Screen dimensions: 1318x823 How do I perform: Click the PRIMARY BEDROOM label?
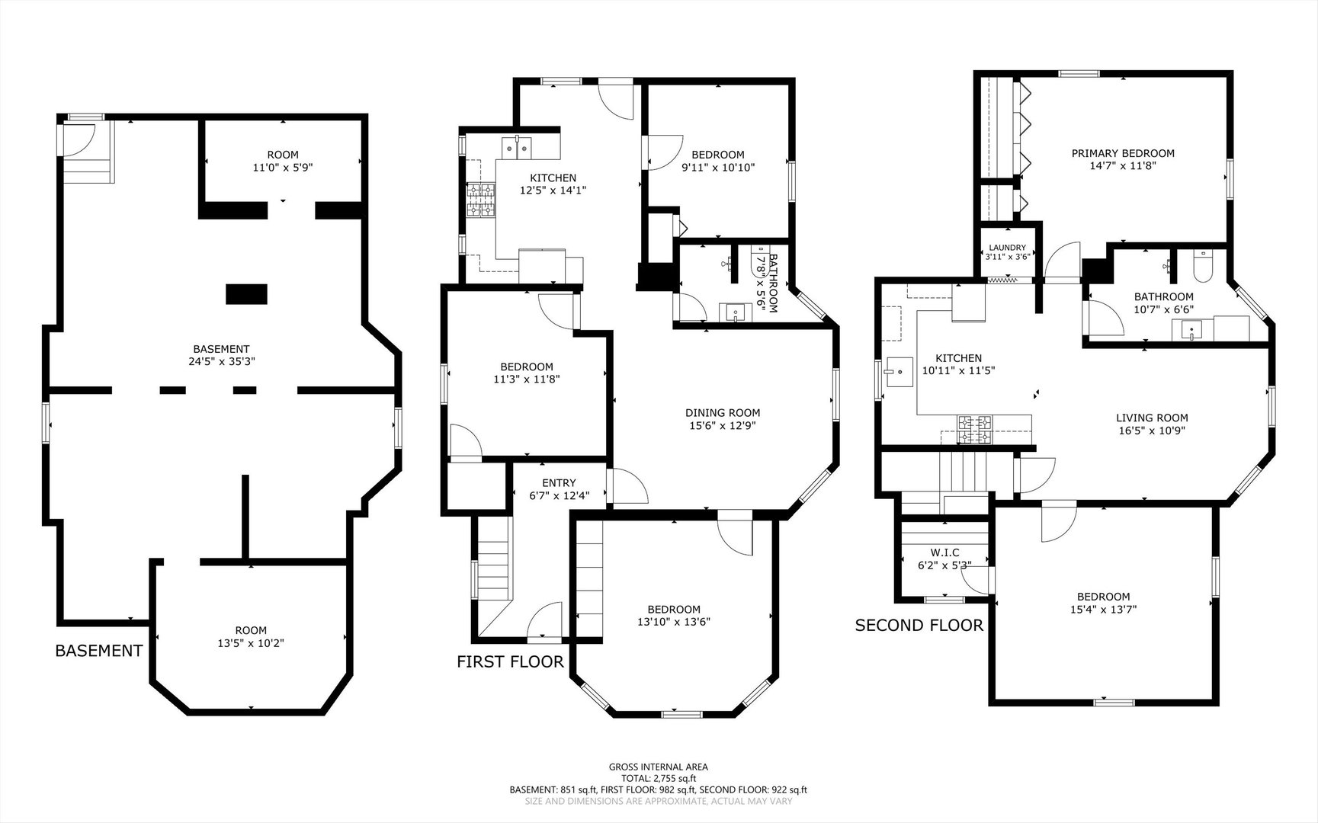(x=1123, y=153)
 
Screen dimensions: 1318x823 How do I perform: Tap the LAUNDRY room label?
(x=1007, y=248)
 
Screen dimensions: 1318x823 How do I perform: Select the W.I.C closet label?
(x=945, y=552)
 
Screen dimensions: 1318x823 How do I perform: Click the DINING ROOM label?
(x=723, y=413)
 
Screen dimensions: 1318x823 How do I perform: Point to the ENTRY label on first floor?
(x=559, y=483)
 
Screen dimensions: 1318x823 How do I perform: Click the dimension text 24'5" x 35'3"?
(x=221, y=362)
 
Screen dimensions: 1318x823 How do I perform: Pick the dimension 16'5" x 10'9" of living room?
(x=1152, y=431)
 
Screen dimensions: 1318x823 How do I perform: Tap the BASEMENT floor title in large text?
(x=99, y=651)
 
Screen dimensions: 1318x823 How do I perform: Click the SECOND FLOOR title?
(x=919, y=626)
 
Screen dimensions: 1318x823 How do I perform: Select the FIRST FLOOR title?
(x=510, y=661)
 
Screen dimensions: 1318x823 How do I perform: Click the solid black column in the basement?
(x=247, y=294)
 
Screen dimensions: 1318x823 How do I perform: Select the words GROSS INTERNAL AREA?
(x=658, y=767)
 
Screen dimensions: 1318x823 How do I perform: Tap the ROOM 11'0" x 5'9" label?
(x=283, y=161)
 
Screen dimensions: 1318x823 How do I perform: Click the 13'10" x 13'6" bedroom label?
(x=674, y=616)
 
